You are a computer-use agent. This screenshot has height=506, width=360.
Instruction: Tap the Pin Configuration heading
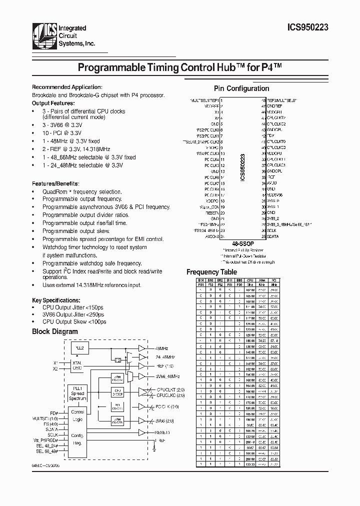(x=241, y=88)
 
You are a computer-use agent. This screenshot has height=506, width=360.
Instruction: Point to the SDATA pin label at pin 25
(x=273, y=236)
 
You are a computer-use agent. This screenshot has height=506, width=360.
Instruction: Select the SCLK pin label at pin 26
(x=271, y=230)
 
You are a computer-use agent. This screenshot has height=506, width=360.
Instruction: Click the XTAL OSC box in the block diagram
(x=77, y=365)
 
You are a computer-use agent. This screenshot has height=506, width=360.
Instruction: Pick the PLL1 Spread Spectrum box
(x=77, y=393)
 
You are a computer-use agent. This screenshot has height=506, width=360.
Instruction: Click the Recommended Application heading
(x=67, y=87)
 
